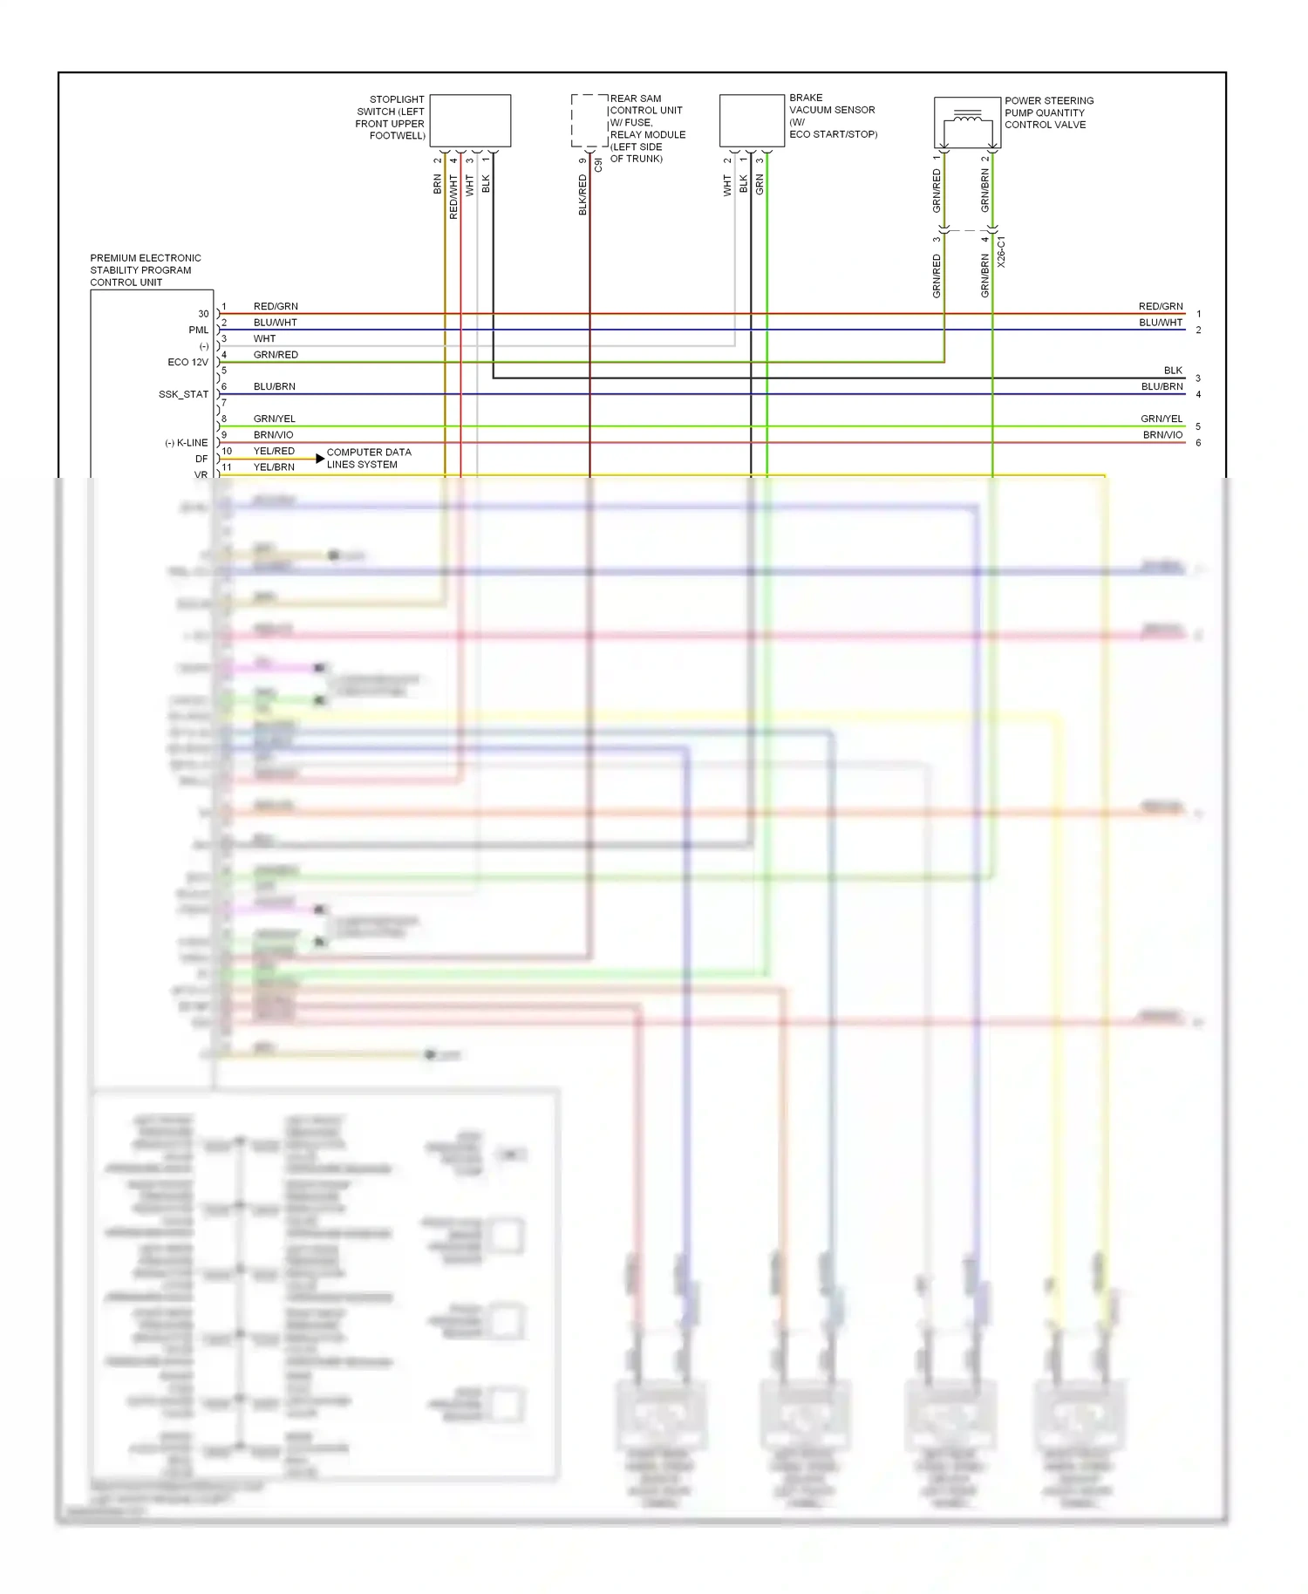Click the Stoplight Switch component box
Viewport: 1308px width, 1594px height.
coord(470,120)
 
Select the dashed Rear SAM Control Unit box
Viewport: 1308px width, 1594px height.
coord(589,120)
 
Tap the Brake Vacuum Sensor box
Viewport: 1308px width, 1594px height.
coord(752,120)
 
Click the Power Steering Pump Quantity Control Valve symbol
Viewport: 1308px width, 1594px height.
coord(967,122)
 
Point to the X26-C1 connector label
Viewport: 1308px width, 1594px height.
coord(1001,251)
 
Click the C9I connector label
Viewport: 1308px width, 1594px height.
coord(598,164)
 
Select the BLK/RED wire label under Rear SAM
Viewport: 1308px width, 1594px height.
coord(582,194)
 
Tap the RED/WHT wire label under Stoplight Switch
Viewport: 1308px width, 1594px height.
coord(453,196)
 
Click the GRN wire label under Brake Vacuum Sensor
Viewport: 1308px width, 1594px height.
coord(760,184)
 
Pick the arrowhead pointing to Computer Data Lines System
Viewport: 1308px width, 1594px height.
coord(320,459)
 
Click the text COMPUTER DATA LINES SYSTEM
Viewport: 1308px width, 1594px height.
coord(368,458)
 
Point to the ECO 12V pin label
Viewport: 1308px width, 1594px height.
coord(187,362)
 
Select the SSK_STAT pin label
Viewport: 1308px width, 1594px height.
coord(183,394)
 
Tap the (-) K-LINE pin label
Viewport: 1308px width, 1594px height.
coord(187,443)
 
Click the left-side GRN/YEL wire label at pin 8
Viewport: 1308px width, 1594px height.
coord(274,419)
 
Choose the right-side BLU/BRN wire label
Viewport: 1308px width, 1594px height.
coord(1162,386)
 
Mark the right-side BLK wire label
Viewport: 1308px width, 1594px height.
coord(1173,371)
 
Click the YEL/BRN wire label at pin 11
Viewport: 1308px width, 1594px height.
coord(274,467)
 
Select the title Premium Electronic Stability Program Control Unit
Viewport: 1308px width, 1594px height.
coord(146,270)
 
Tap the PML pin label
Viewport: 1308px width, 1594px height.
coord(198,330)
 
